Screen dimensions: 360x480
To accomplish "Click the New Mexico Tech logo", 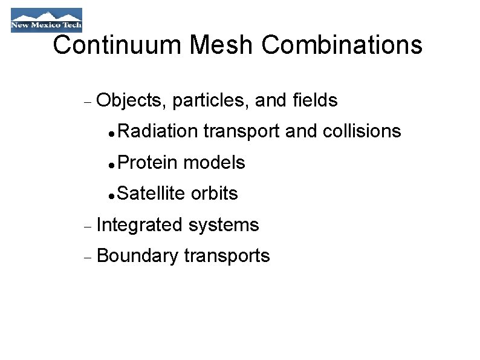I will click(46, 19).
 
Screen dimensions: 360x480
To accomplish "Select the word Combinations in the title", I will click(342, 45).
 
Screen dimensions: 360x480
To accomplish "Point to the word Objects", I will click(131, 100).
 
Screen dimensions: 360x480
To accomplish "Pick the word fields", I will click(314, 100).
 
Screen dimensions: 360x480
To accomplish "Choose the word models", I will click(214, 162).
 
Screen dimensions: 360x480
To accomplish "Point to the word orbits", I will click(214, 194).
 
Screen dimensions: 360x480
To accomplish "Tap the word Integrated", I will click(140, 225).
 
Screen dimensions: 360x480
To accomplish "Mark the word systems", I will click(224, 226).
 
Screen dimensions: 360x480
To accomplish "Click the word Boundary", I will click(137, 257).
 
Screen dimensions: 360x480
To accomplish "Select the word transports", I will click(227, 257).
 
